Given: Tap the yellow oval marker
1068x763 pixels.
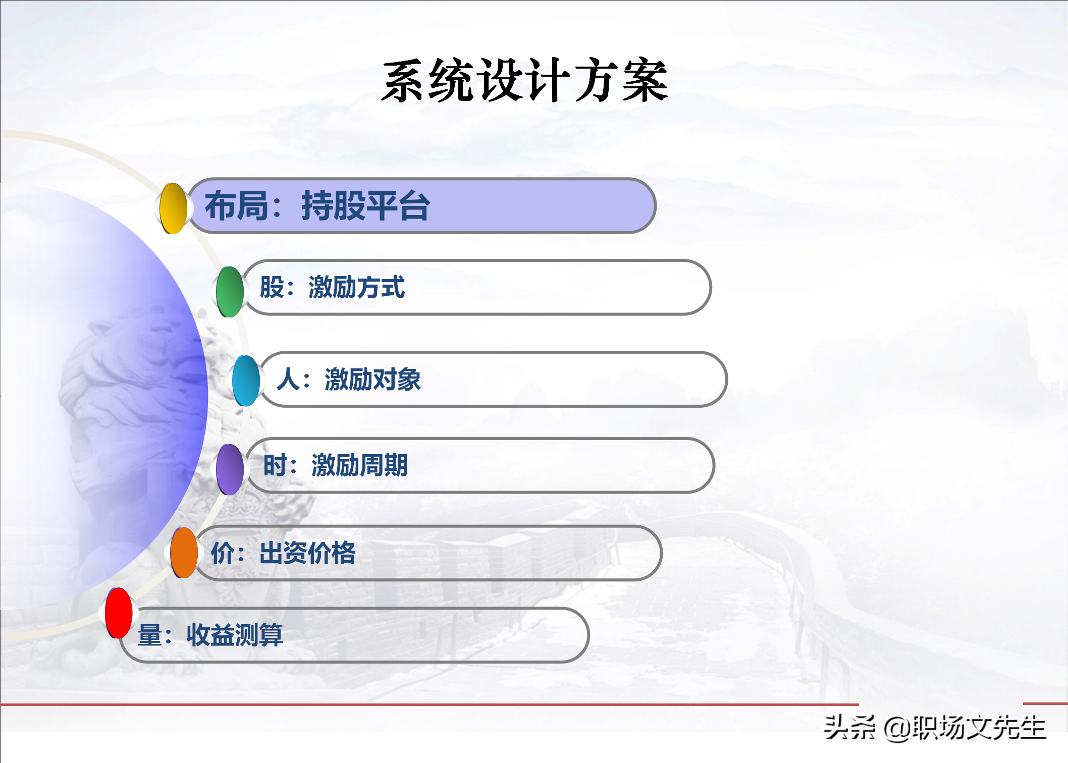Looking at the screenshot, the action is click(173, 208).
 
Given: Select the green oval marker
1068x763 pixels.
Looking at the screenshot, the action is click(230, 292).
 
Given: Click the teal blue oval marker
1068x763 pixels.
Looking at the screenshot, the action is click(246, 380).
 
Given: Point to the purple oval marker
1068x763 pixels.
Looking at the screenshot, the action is click(230, 469).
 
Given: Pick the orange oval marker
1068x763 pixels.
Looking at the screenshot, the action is click(184, 553).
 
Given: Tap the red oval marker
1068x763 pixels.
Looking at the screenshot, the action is click(119, 613).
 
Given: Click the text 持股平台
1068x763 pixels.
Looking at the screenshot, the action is click(366, 206).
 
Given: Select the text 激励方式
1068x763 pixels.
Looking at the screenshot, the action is click(357, 287).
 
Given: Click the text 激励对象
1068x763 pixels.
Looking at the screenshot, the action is click(373, 379).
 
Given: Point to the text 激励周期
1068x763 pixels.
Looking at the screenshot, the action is click(360, 465).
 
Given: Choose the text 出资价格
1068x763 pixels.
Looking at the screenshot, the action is click(307, 553).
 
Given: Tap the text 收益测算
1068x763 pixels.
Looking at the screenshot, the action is click(235, 635).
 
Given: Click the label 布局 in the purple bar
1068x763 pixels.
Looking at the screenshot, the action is click(236, 206).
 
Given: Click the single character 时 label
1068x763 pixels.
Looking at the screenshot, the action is click(276, 465).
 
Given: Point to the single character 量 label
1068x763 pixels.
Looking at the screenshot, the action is click(150, 635).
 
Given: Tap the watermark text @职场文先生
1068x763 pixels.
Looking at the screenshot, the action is click(965, 728).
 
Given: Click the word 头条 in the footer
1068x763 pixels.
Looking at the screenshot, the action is click(849, 728).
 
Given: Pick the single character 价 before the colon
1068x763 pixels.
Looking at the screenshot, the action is click(223, 553).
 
